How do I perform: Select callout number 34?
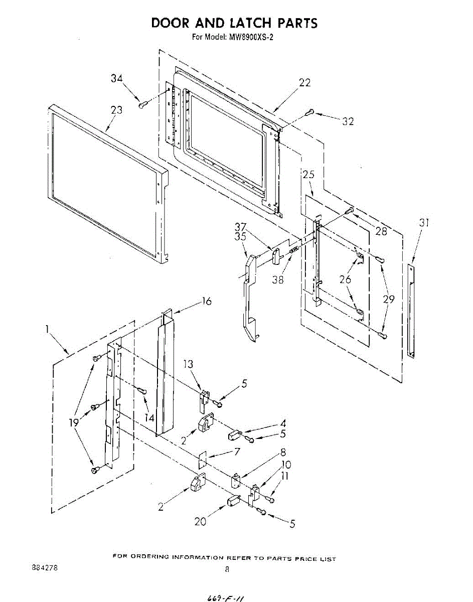(x=117, y=78)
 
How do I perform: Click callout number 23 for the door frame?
(x=116, y=110)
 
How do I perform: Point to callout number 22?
(x=305, y=83)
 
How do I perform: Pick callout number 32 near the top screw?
(x=348, y=121)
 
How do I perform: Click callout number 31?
(x=424, y=223)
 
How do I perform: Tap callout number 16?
(x=207, y=301)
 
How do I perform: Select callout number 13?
(x=188, y=364)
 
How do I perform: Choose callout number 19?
(x=74, y=422)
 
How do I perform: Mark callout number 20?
(x=201, y=522)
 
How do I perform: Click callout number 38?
(x=278, y=280)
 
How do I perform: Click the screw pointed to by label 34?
(x=142, y=104)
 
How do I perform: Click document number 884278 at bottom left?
(x=44, y=568)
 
